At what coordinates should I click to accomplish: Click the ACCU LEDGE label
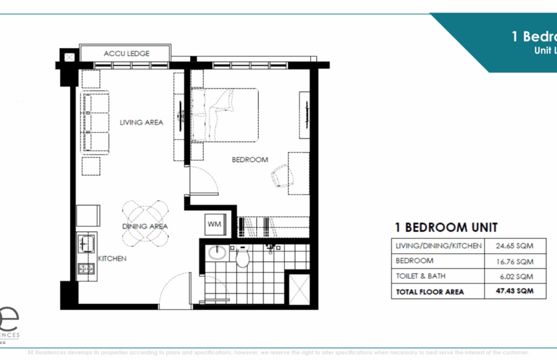tap(126, 53)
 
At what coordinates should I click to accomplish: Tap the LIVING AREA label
tap(141, 122)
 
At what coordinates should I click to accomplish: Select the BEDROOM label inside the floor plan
tap(249, 159)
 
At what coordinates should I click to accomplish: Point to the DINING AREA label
tap(145, 226)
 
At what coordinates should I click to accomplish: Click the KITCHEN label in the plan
tap(112, 258)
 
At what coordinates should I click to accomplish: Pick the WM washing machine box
tap(215, 224)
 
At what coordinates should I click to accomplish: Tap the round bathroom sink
tap(216, 254)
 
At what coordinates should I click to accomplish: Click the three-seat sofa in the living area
tap(95, 123)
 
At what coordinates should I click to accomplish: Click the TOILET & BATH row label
tap(422, 276)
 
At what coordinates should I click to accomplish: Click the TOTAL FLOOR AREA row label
tap(430, 291)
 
